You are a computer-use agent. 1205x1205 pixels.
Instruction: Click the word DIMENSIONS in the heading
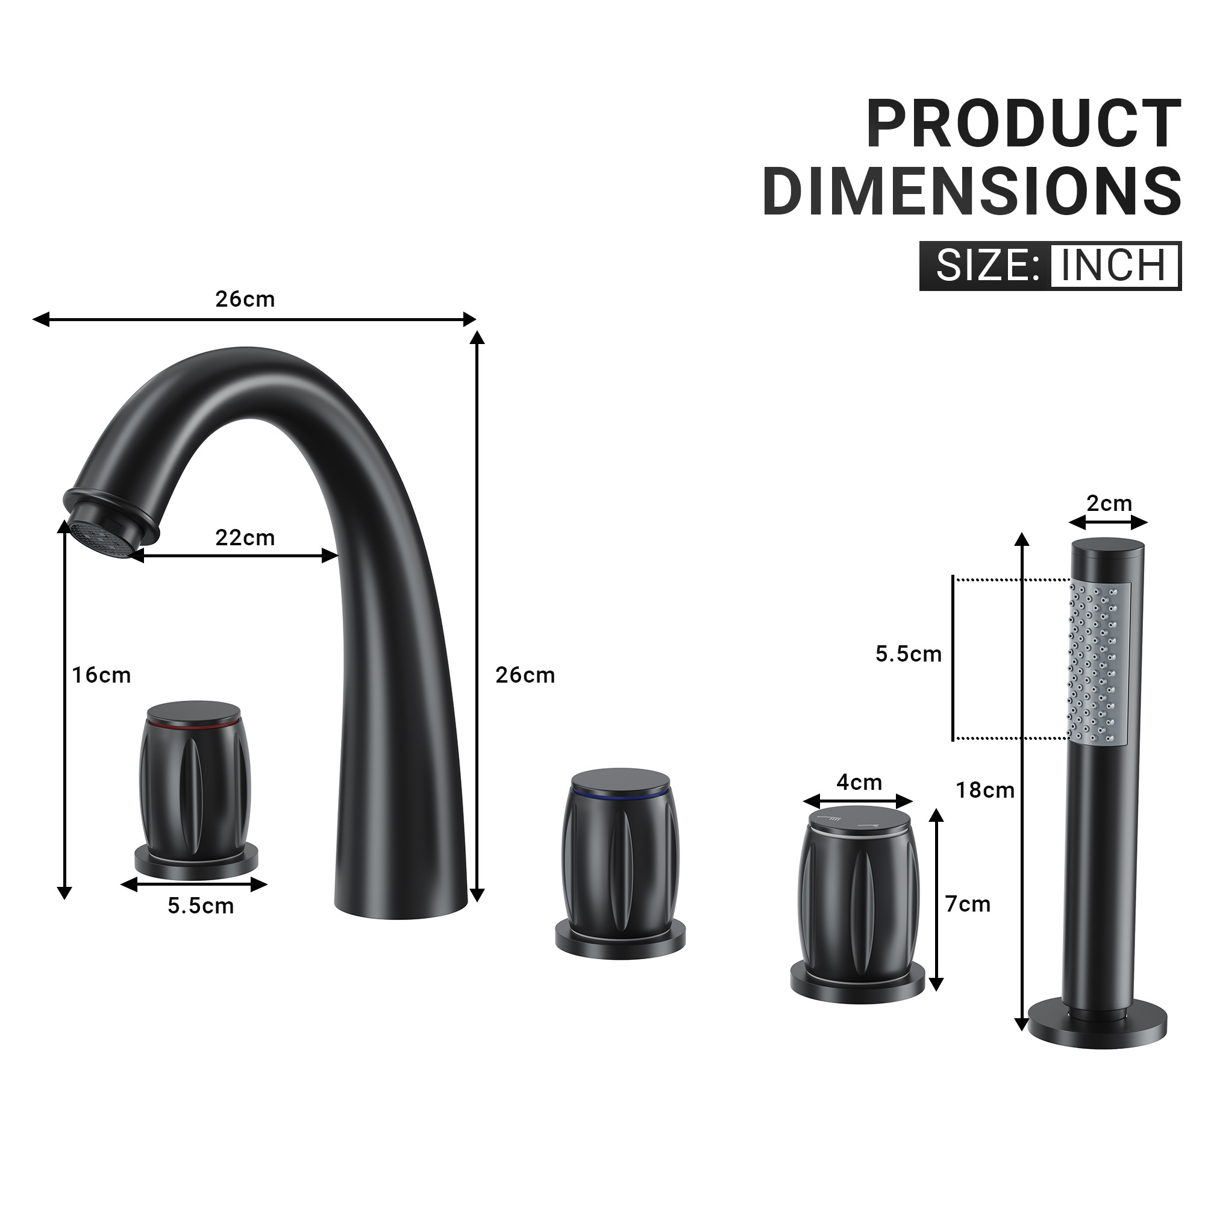click(x=972, y=190)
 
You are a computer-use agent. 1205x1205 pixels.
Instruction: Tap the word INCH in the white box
click(x=1113, y=266)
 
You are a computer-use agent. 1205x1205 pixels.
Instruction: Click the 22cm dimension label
click(x=245, y=537)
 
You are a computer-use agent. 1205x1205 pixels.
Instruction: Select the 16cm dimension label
click(x=101, y=675)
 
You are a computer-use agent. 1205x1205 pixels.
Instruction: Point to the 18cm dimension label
click(x=986, y=790)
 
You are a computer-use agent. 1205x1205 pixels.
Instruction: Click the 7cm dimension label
click(x=968, y=904)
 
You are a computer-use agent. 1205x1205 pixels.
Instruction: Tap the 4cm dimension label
click(x=860, y=782)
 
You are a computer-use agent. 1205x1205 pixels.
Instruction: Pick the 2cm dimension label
click(x=1109, y=503)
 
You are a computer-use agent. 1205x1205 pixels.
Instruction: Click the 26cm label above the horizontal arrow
click(x=245, y=299)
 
